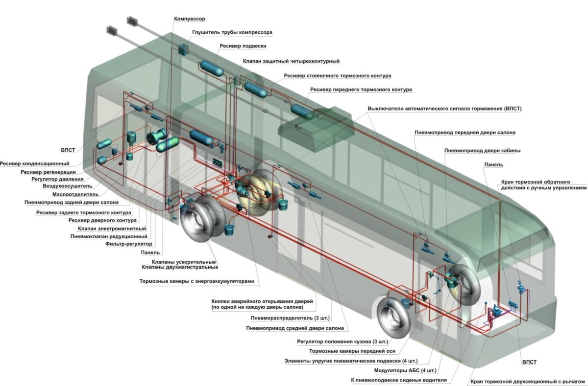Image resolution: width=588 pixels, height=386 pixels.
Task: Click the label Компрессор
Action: (190, 19)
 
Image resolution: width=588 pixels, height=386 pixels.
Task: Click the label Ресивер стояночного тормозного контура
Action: (337, 76)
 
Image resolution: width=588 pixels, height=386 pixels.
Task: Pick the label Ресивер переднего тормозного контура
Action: (361, 90)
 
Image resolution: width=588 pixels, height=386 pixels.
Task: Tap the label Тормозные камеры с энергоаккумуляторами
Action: (197, 282)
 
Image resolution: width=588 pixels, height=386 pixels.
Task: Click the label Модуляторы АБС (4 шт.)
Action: (405, 371)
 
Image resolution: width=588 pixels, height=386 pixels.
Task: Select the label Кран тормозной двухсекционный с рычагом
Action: (527, 381)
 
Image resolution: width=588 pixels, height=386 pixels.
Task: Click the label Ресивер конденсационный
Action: (35, 163)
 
